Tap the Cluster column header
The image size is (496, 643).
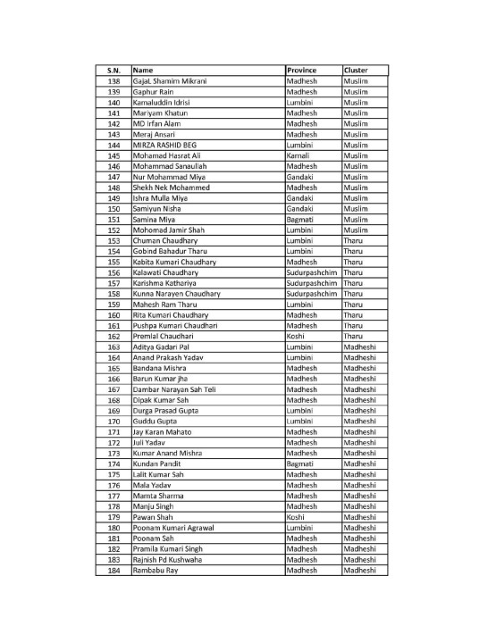pos(355,70)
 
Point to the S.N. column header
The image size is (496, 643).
pos(113,70)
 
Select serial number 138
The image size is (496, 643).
pos(113,80)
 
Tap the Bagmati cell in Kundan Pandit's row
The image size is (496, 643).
pos(300,464)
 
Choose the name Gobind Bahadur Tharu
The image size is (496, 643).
pos(170,251)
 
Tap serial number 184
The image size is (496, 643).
pos(113,571)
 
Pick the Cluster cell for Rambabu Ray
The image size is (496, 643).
pos(359,571)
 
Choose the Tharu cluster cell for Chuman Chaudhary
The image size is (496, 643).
pos(352,240)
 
